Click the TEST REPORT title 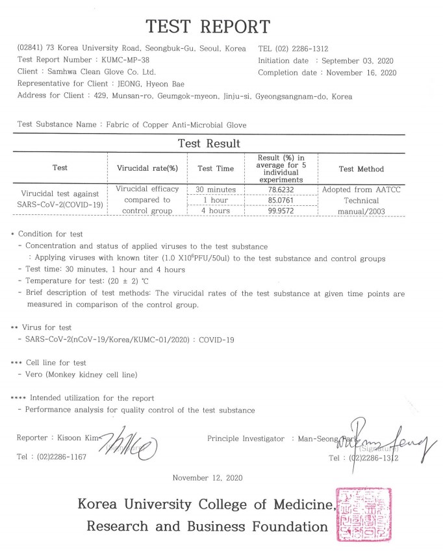tap(208, 27)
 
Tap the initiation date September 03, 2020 tap(354, 60)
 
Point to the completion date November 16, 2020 tap(361, 73)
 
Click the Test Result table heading tap(209, 144)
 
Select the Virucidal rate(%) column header tap(147, 169)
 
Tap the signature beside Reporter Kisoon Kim tap(130, 447)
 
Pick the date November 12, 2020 tap(208, 478)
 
